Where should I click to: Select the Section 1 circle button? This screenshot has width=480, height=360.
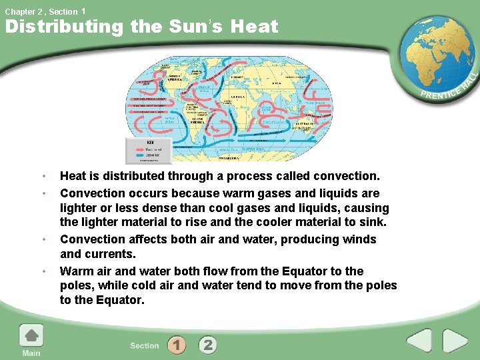(177, 345)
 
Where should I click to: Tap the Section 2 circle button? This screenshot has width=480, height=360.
(207, 345)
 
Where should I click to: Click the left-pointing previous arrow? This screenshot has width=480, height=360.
(419, 341)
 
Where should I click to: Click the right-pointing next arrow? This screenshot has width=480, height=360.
(456, 341)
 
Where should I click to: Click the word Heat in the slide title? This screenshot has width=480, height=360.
(254, 27)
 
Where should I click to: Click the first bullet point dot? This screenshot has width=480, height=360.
(43, 177)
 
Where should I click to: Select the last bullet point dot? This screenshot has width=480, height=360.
(43, 271)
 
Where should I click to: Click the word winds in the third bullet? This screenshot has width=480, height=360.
(359, 239)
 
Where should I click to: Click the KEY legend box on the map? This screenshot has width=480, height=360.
(149, 151)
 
